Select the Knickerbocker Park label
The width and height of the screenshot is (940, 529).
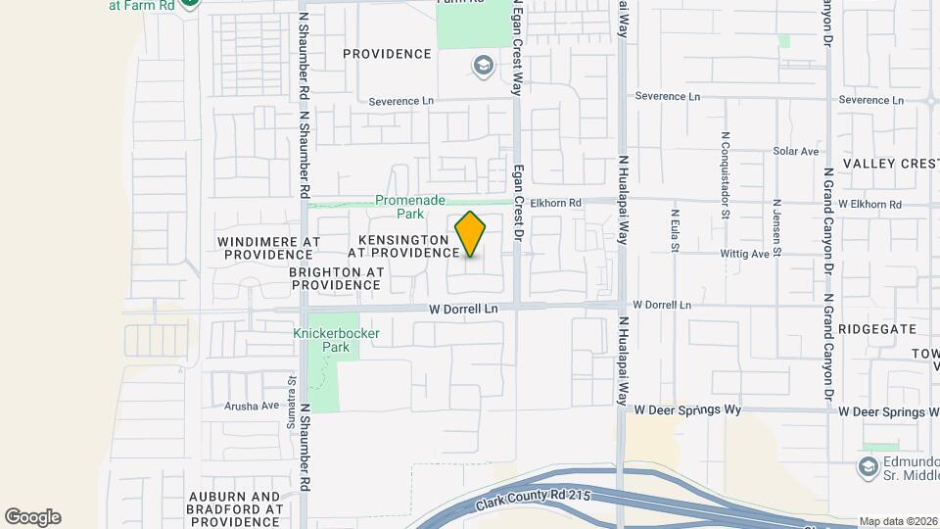(336, 340)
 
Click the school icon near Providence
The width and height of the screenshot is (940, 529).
(482, 67)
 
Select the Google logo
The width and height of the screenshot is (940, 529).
(32, 516)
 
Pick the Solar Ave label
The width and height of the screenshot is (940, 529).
(795, 152)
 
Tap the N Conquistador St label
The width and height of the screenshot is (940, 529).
(725, 174)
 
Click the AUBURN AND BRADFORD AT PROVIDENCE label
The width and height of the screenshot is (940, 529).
(236, 509)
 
